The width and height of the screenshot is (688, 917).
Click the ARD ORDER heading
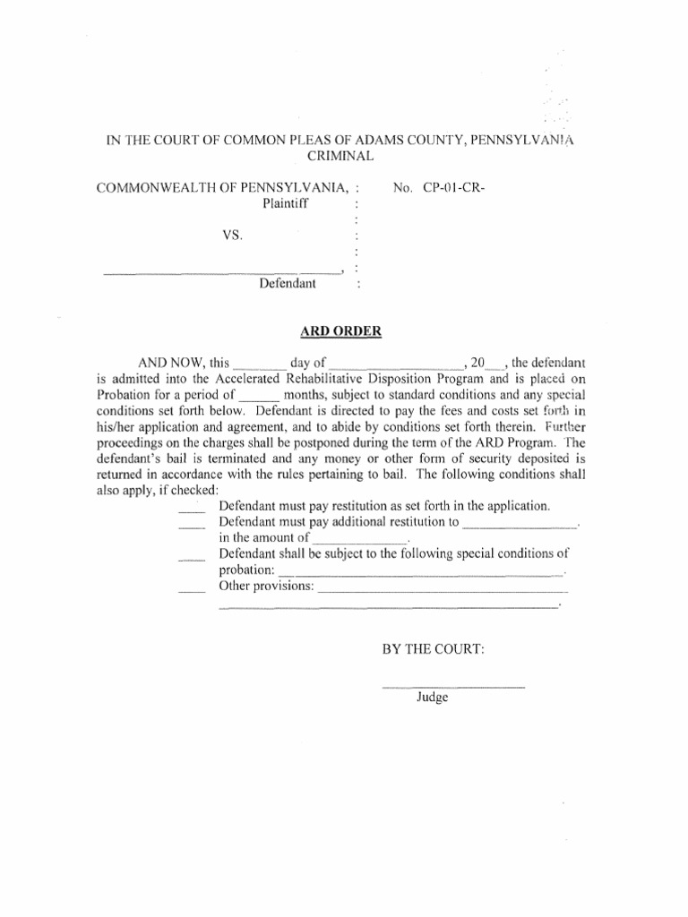click(340, 331)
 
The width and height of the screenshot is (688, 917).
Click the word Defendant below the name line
click(288, 284)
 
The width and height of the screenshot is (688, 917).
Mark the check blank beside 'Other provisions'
click(192, 591)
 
